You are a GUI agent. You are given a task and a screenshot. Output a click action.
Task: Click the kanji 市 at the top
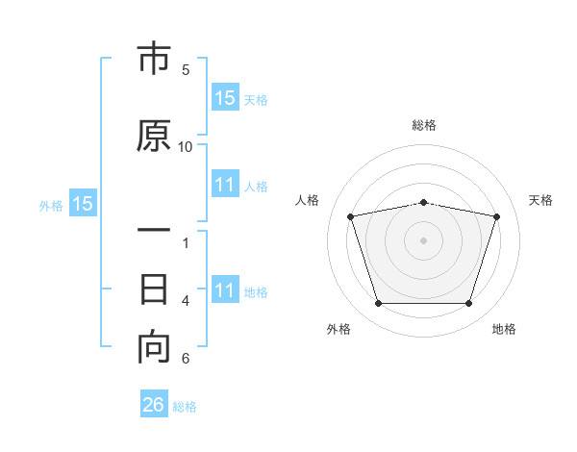coord(154,58)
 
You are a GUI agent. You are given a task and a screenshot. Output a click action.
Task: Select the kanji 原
coord(154,135)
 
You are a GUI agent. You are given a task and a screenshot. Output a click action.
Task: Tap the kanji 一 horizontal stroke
coord(154,230)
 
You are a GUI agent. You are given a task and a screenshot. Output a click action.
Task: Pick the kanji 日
coord(154,289)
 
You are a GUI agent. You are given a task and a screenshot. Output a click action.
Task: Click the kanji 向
coord(154,347)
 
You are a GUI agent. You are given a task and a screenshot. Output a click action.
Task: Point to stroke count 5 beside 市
coord(186,70)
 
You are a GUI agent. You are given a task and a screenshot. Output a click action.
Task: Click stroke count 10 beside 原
coord(185,147)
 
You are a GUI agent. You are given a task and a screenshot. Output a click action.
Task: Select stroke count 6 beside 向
coord(186,358)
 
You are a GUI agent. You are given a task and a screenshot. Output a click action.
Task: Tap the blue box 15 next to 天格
coord(225,97)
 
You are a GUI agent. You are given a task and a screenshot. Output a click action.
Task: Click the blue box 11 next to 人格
coord(225,184)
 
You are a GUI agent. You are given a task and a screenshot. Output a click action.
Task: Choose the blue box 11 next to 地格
coord(225,289)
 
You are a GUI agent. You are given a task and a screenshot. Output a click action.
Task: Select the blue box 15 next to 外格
coord(83,203)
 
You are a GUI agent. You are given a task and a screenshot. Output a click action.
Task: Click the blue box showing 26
coord(154,403)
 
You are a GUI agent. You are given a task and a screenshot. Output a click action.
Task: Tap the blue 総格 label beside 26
coord(185,407)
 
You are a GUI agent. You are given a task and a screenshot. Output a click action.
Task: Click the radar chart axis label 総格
coord(424,125)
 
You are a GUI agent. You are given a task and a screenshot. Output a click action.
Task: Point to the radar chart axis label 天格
coord(540,200)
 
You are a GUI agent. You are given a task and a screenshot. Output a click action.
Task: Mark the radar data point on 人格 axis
coord(350,216)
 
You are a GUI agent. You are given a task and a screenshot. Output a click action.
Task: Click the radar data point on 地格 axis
coord(469,304)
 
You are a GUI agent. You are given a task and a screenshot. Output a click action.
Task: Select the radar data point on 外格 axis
coord(378,304)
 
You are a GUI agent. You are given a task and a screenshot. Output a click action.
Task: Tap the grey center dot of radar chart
coord(423,240)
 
